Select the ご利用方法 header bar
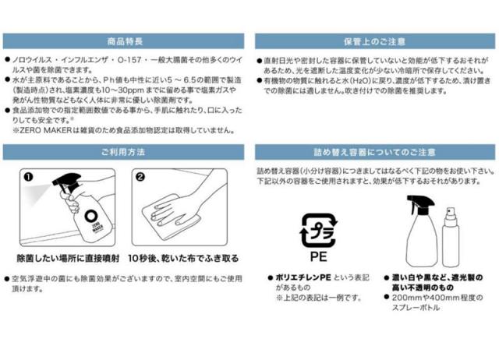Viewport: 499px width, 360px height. coord(122,151)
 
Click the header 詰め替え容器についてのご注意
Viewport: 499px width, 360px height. coord(375,151)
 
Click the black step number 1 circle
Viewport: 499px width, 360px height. coord(29,176)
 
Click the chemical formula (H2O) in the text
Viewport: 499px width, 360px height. coord(356,80)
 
